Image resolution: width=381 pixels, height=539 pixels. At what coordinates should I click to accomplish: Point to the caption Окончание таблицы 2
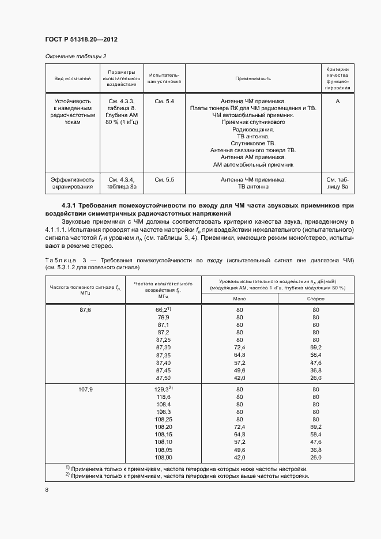[72, 56]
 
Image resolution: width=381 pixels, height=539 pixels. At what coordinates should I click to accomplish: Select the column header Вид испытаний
[73, 78]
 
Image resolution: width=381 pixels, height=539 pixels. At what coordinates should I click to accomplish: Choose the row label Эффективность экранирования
[73, 183]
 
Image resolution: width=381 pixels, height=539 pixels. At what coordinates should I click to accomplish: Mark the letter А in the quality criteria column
[337, 101]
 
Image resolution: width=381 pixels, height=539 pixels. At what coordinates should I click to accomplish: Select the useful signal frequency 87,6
[85, 310]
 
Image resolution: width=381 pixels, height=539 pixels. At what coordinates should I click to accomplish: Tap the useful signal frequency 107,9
[85, 390]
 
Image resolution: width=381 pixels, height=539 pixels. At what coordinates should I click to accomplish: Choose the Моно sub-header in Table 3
[239, 299]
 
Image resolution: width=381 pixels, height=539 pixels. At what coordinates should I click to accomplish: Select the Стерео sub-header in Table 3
[316, 299]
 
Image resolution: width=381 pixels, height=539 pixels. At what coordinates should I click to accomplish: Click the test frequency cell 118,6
[163, 398]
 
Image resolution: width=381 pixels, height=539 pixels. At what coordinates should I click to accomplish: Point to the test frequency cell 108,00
[163, 457]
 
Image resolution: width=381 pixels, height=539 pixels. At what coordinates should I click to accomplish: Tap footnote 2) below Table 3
[187, 476]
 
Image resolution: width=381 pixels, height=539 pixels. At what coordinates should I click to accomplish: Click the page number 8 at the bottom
[47, 490]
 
